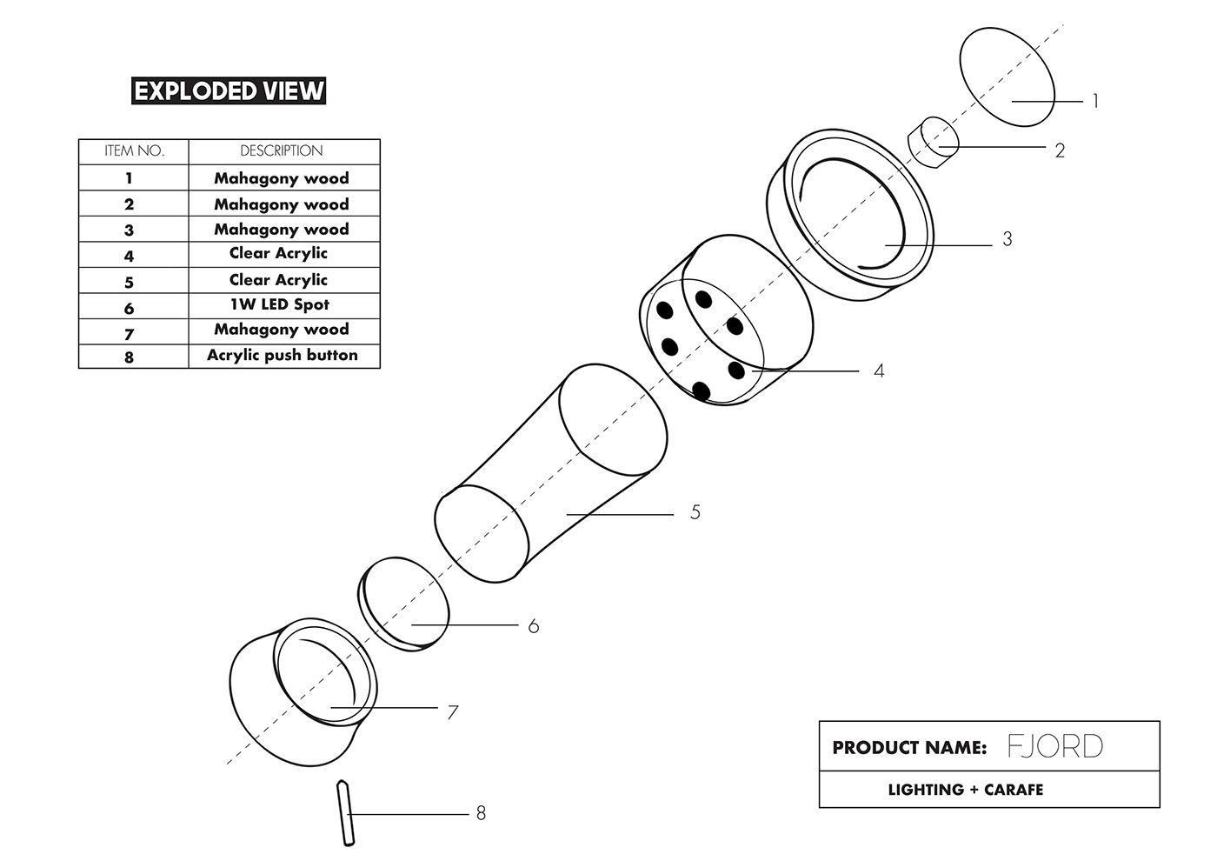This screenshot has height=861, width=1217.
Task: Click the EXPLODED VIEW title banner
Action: [229, 90]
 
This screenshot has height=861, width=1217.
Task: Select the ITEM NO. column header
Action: [134, 151]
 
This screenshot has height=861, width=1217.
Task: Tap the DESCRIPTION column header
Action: [282, 151]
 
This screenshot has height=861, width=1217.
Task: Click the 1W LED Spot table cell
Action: [280, 305]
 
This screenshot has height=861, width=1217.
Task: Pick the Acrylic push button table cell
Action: [283, 356]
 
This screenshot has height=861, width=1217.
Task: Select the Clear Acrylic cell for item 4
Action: [278, 254]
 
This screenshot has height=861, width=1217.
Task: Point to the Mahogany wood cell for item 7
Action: [282, 330]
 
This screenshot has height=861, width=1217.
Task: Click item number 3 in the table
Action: [130, 230]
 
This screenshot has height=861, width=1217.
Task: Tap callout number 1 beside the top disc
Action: [1095, 102]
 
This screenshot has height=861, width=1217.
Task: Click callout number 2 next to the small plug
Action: [1060, 151]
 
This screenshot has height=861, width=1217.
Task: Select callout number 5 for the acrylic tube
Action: [695, 513]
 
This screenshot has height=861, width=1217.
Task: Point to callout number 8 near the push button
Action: [481, 814]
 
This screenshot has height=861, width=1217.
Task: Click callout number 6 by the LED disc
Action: [533, 626]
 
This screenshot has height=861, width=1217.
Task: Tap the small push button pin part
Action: [345, 813]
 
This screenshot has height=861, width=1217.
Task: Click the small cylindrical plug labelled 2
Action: [933, 143]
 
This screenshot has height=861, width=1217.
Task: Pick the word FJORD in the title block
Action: [1055, 747]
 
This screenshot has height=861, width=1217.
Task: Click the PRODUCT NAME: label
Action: [909, 748]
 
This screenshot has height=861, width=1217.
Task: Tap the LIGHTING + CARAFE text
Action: [965, 790]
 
